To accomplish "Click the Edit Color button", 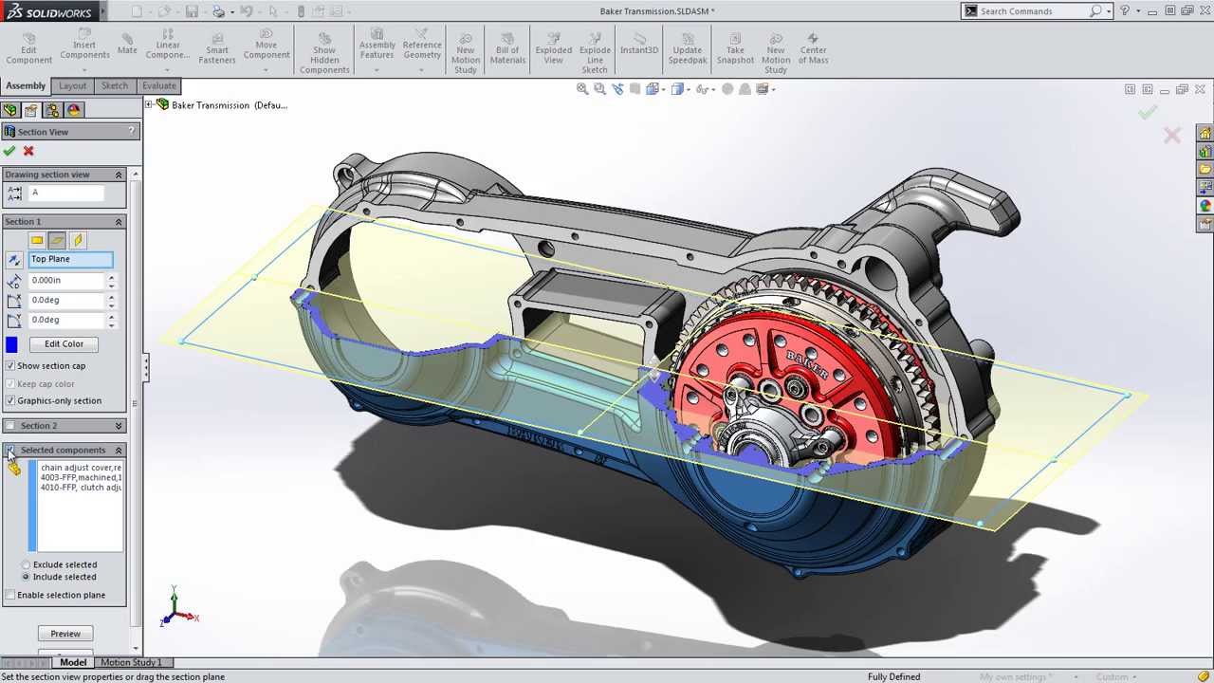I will [64, 343].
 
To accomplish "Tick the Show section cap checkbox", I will [10, 365].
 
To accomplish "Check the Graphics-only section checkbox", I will [10, 400].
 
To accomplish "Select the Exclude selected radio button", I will [27, 564].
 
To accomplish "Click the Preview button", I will [65, 633].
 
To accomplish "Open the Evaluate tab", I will [158, 85].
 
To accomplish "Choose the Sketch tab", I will [115, 85].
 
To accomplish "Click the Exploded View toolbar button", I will [554, 49].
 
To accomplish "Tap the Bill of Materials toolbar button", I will [507, 49].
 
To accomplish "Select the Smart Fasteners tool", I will [217, 49].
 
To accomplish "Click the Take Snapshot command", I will [735, 49].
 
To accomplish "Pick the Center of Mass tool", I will [813, 49].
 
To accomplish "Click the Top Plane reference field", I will [71, 259].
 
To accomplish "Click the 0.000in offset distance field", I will [66, 280].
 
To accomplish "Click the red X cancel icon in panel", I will [28, 151].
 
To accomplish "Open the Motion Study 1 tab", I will [131, 662].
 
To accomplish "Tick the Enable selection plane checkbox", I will [10, 595].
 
